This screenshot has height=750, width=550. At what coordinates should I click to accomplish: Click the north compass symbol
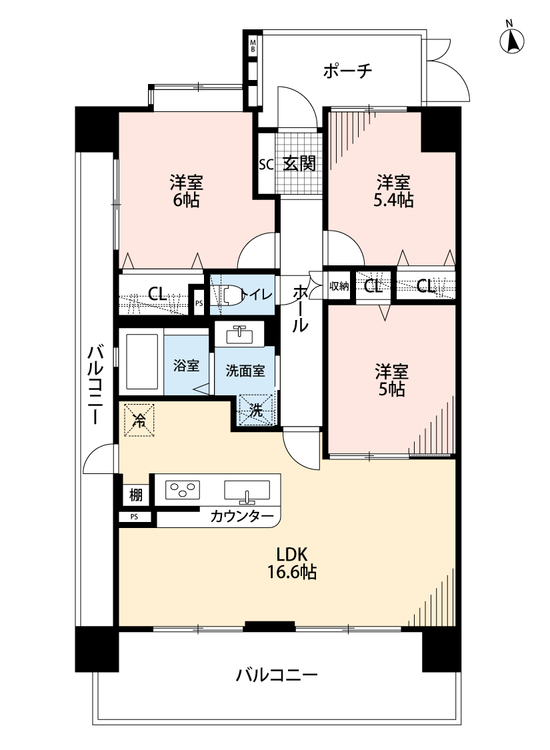click(512, 41)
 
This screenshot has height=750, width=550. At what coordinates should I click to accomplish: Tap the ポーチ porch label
click(347, 71)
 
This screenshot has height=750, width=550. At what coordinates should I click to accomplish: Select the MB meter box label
click(253, 47)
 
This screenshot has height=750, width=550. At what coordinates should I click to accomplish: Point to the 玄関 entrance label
click(298, 163)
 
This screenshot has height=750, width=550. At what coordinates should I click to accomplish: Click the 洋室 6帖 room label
click(186, 191)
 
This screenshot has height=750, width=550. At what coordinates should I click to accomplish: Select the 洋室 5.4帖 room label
click(393, 191)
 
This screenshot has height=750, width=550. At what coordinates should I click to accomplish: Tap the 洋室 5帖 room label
click(392, 381)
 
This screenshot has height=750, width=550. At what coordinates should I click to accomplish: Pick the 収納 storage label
click(339, 287)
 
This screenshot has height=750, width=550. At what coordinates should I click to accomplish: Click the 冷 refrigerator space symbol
click(139, 420)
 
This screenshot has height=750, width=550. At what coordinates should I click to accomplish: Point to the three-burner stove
click(183, 490)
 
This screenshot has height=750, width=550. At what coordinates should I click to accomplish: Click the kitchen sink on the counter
click(247, 491)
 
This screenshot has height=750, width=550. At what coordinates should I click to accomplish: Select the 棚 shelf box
click(136, 494)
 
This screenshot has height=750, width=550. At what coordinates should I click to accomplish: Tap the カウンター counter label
click(241, 516)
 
